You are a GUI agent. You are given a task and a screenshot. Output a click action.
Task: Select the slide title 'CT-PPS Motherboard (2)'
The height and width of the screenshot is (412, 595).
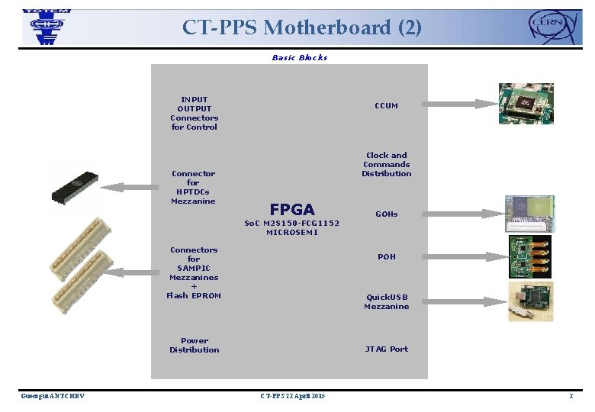point(301,27)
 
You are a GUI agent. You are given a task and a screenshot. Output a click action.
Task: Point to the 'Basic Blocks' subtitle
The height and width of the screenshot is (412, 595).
point(299,58)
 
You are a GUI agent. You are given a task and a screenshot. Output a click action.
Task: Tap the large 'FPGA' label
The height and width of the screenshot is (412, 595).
point(292,209)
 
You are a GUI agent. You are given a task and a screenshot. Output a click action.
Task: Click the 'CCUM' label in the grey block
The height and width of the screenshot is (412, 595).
point(386,105)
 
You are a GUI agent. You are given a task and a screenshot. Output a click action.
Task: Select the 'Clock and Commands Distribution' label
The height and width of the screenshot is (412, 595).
point(387,165)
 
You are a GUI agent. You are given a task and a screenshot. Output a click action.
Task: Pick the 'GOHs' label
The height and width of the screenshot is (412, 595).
point(386,214)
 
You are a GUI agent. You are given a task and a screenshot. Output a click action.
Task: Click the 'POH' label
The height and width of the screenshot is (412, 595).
point(387,257)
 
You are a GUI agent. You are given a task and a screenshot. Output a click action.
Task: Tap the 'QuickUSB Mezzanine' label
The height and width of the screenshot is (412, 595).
point(387,302)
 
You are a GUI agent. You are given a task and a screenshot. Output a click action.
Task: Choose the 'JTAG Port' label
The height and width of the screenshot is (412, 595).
point(386,349)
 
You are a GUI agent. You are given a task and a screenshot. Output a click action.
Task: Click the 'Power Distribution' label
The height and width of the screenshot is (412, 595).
point(194,346)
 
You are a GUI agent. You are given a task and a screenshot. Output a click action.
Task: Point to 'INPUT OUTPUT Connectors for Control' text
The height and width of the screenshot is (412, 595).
point(194,114)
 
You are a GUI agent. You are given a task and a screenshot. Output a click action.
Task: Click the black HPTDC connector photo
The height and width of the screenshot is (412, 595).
point(74,187)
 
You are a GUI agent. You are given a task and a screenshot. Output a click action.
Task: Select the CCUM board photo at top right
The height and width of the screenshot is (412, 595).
point(526,103)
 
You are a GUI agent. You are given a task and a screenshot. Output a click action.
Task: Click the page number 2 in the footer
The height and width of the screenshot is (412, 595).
point(570,396)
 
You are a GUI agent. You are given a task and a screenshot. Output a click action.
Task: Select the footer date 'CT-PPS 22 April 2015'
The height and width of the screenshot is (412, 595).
point(292,396)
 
